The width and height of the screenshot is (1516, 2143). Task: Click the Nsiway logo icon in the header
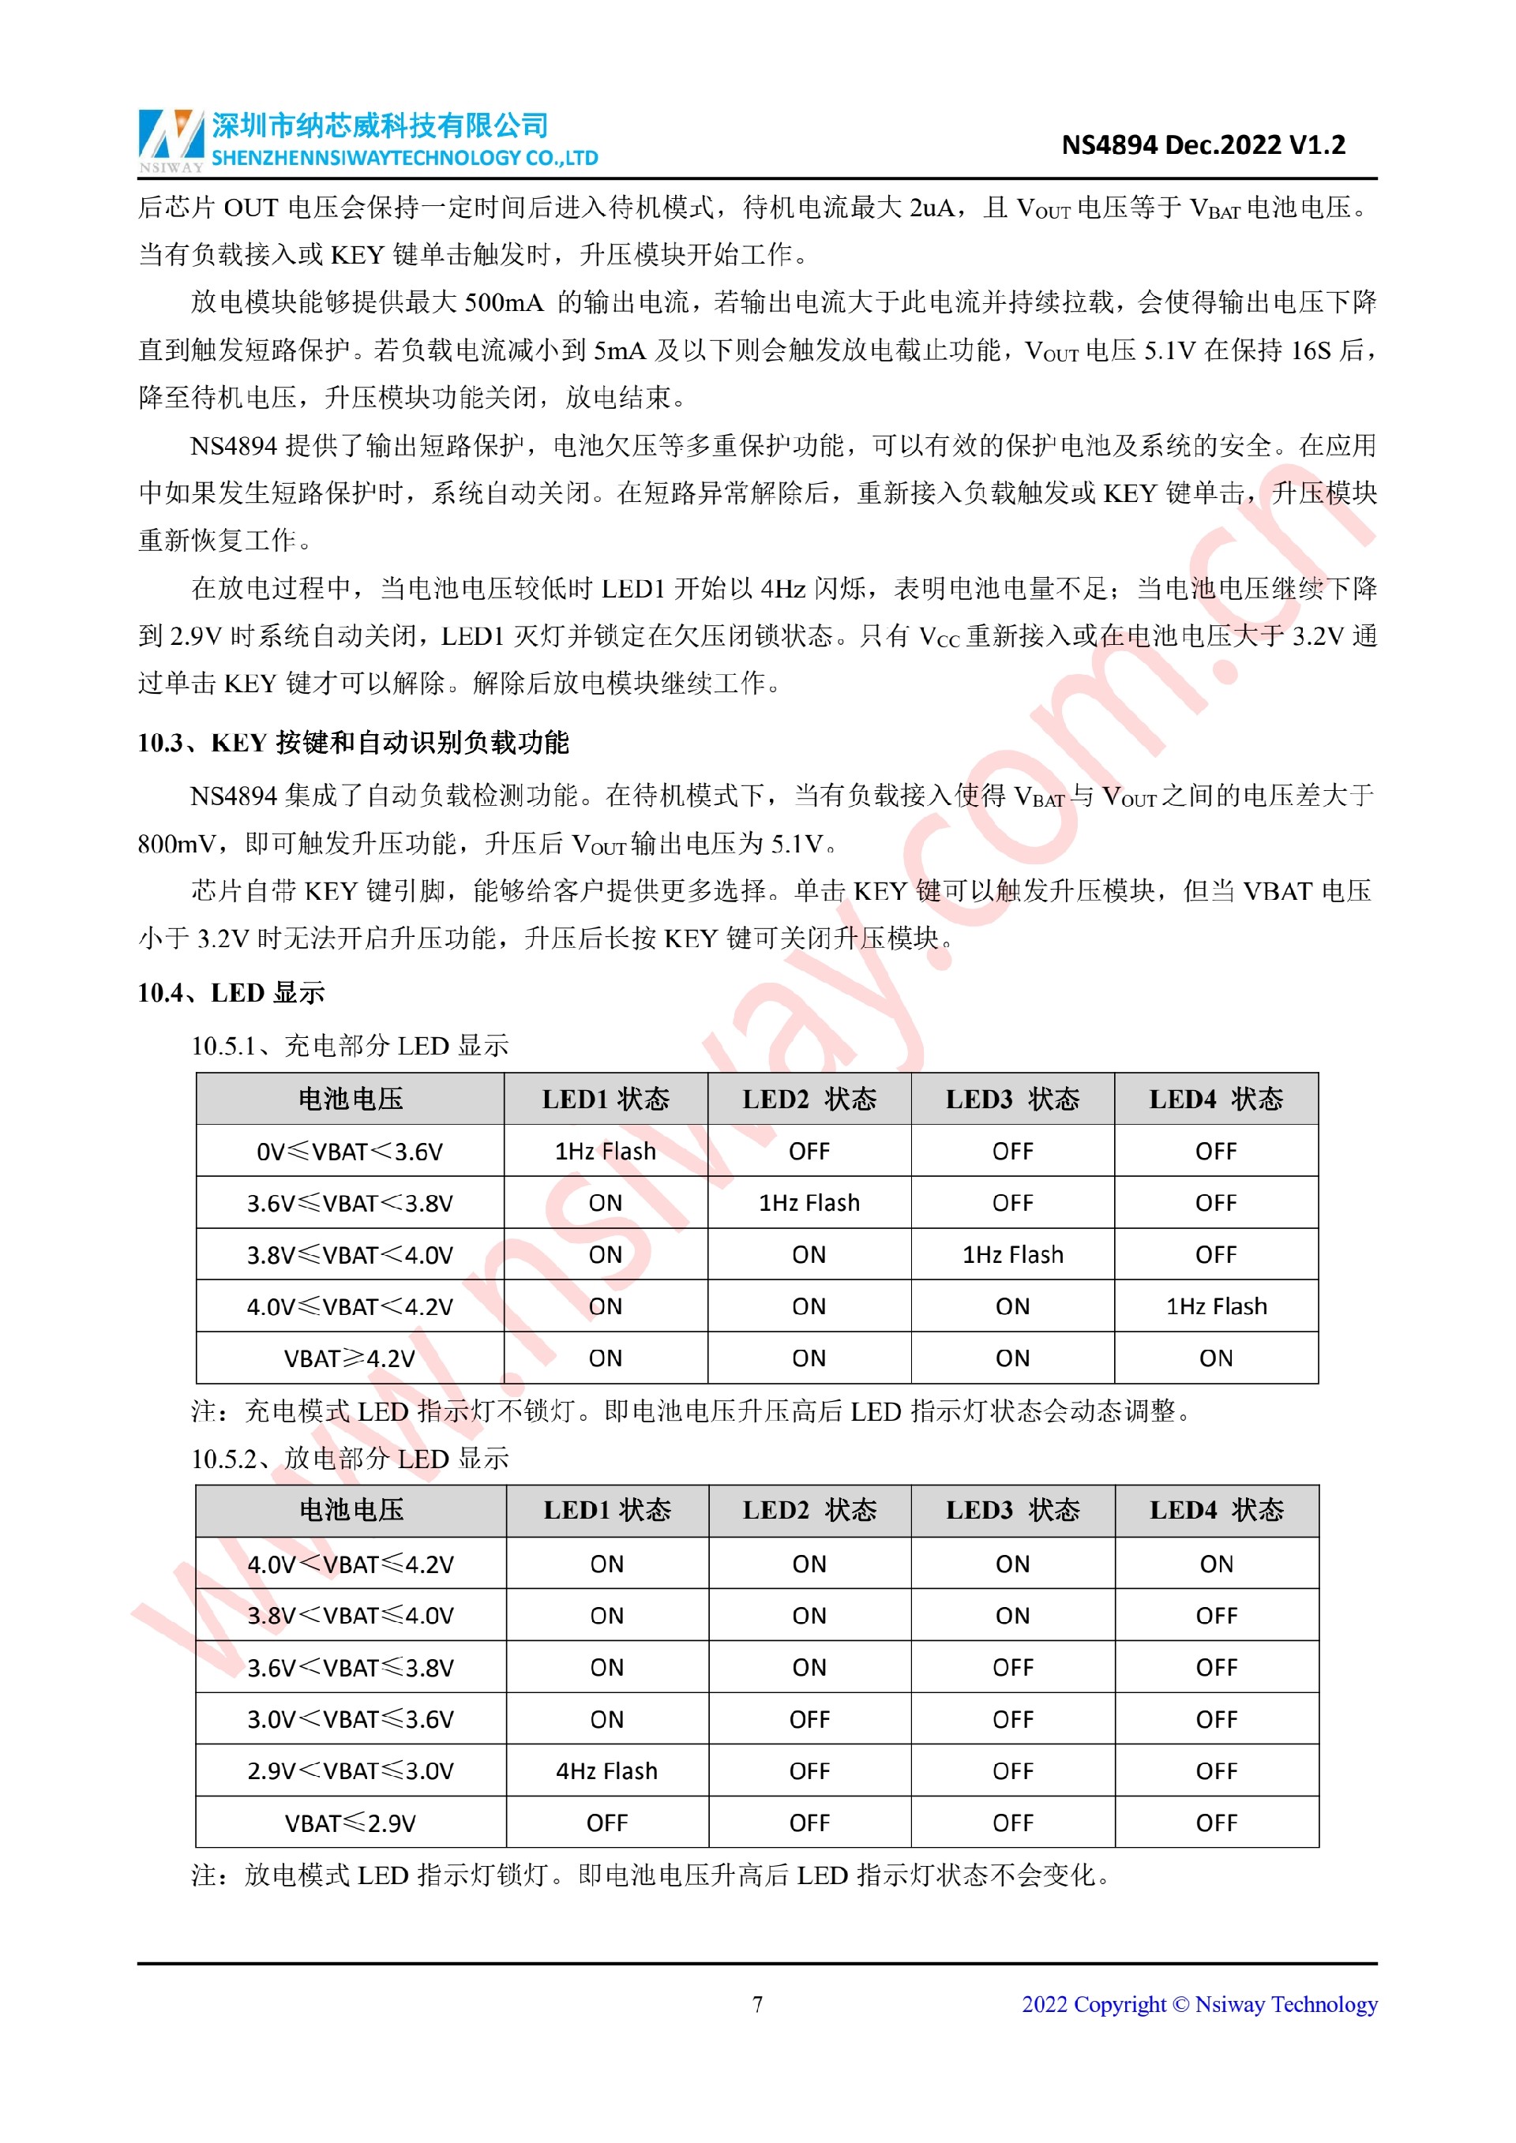click(171, 137)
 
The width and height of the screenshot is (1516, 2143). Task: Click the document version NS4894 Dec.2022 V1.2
click(1203, 144)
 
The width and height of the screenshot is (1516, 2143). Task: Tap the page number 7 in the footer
click(757, 2004)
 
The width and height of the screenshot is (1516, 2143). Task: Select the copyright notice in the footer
click(1199, 2004)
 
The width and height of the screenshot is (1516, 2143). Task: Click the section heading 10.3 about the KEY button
click(353, 743)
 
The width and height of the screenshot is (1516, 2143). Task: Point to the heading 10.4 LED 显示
click(231, 992)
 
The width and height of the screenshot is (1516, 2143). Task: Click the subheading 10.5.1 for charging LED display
click(350, 1045)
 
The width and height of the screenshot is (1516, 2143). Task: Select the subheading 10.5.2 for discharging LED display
click(350, 1458)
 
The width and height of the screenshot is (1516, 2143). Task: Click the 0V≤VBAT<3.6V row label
click(349, 1152)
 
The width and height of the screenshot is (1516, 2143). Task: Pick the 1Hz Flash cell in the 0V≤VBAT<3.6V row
click(605, 1152)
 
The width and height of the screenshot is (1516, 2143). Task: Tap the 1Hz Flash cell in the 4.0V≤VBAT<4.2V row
click(1215, 1306)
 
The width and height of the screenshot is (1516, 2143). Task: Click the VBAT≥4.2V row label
click(349, 1358)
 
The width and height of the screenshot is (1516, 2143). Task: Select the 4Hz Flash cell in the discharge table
click(606, 1770)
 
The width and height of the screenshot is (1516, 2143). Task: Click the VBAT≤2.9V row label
click(350, 1823)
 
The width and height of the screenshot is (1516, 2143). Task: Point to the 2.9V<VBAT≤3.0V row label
click(350, 1770)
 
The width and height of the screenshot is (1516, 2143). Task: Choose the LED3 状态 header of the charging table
click(1012, 1100)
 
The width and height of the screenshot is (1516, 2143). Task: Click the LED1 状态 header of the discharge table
click(606, 1510)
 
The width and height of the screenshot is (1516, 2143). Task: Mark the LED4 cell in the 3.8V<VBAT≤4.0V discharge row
click(1215, 1616)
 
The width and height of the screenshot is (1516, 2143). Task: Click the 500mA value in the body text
click(504, 302)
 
